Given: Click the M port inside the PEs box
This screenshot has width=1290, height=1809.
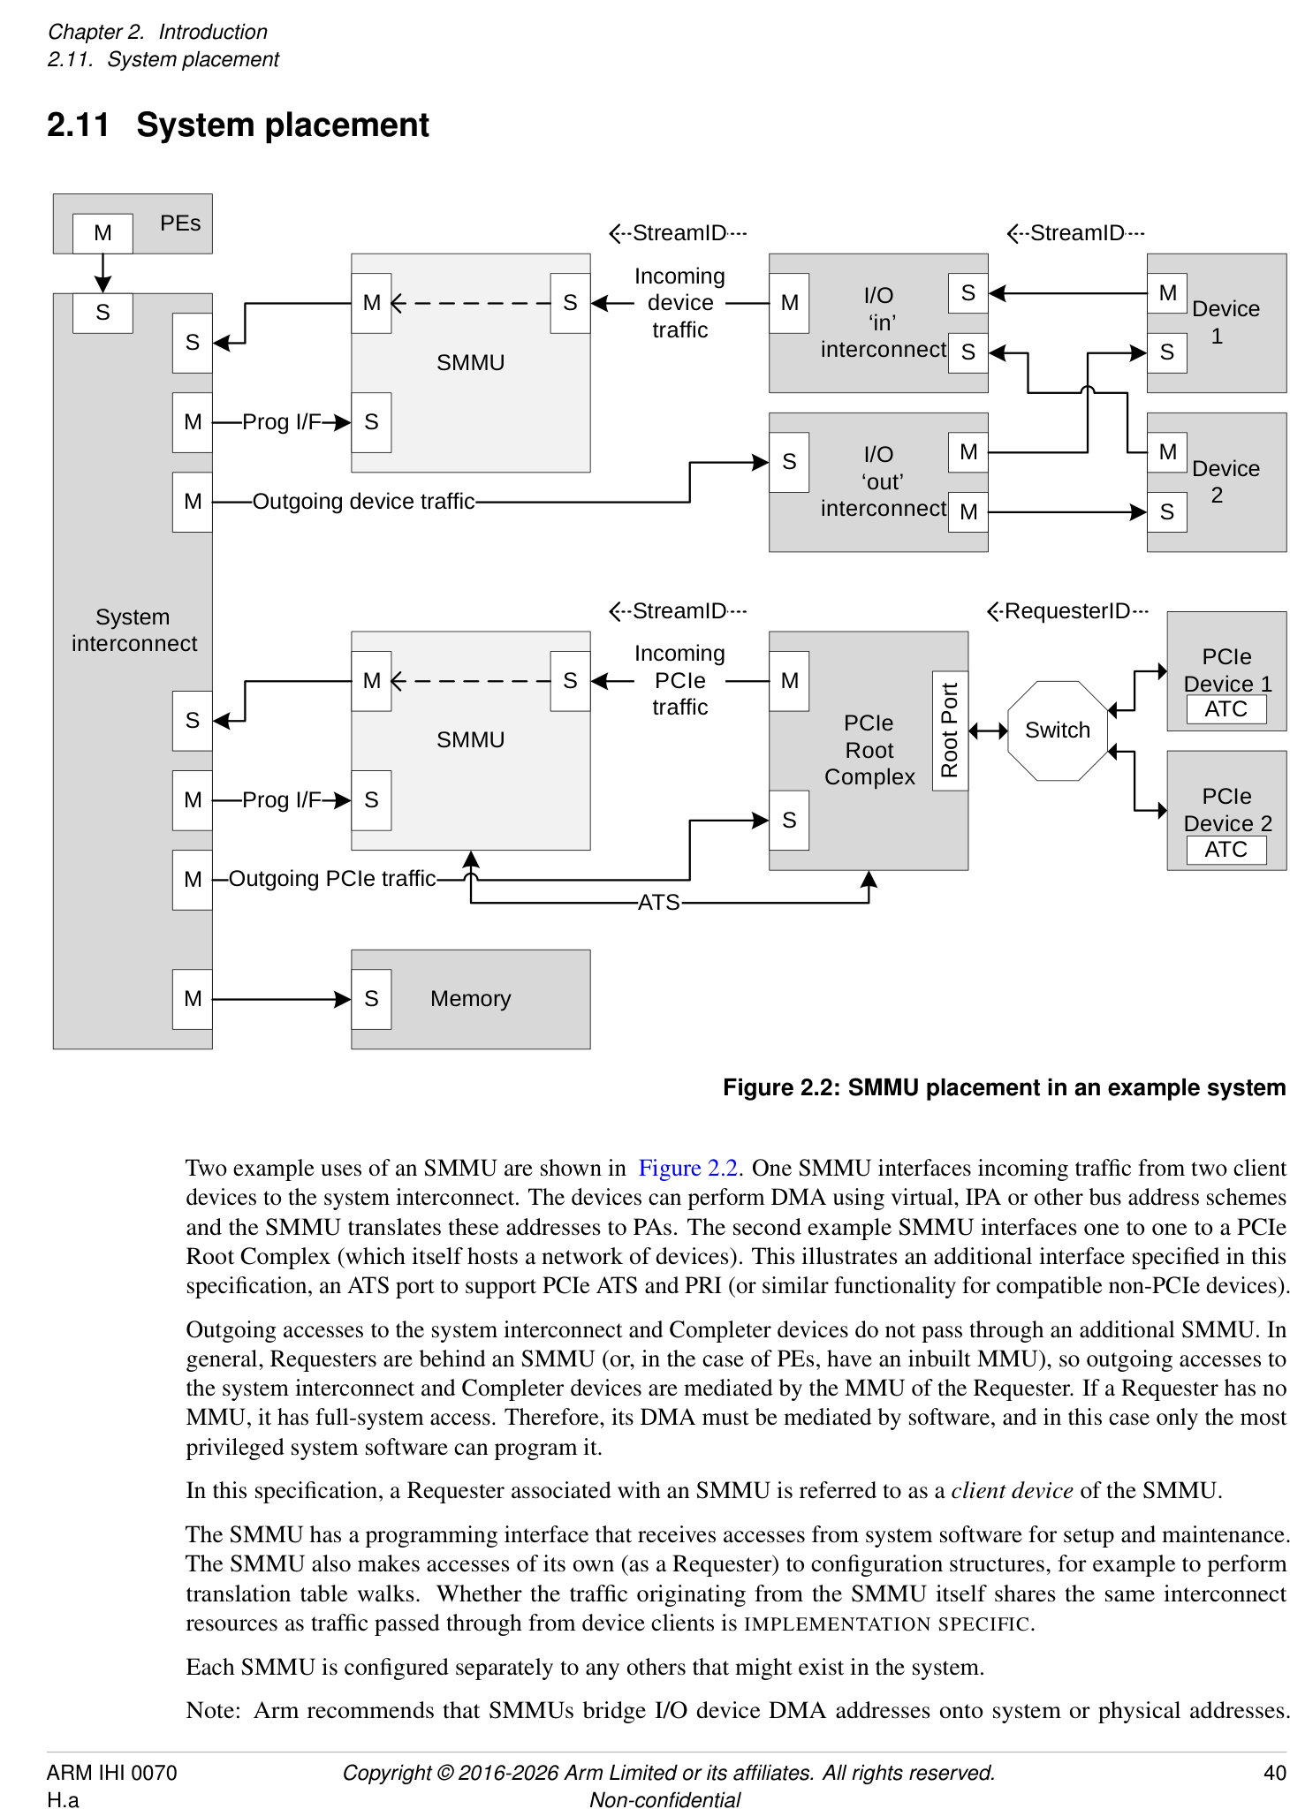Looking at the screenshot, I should pyautogui.click(x=102, y=233).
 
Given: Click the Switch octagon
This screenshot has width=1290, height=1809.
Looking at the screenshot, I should pyautogui.click(x=1057, y=730).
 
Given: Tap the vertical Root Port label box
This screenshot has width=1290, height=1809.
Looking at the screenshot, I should pyautogui.click(x=950, y=730).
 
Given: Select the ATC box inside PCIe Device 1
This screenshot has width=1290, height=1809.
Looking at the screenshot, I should pyautogui.click(x=1225, y=709).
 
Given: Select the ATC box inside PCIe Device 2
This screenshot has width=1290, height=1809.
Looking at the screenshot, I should pyautogui.click(x=1225, y=850).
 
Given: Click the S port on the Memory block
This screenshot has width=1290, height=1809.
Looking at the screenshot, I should pyautogui.click(x=371, y=999).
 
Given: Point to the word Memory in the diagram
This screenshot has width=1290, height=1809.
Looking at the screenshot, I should pyautogui.click(x=470, y=999).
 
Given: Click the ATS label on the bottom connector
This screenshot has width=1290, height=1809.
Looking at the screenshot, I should pyautogui.click(x=658, y=903).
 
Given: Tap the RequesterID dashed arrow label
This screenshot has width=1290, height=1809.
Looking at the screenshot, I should pyautogui.click(x=1067, y=611).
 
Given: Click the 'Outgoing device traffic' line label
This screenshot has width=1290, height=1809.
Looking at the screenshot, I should pyautogui.click(x=363, y=502).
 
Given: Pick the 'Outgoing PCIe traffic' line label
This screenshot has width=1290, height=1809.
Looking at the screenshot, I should pyautogui.click(x=332, y=879).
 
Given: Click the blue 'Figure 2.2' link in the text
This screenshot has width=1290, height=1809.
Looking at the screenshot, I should pyautogui.click(x=687, y=1168).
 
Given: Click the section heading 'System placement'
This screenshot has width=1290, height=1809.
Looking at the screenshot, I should pyautogui.click(x=282, y=125).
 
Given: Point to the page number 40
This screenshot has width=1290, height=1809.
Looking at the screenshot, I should pyautogui.click(x=1274, y=1773).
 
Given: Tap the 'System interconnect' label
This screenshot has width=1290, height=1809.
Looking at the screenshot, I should pyautogui.click(x=133, y=630).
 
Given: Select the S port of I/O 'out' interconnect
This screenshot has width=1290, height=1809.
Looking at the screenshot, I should pyautogui.click(x=789, y=462).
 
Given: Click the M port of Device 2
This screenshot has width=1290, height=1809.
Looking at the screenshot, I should pyautogui.click(x=1167, y=452).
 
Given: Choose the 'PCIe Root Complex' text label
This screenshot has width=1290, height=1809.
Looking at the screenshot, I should pyautogui.click(x=869, y=750).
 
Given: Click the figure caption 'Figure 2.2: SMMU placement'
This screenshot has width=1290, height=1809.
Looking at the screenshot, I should pyautogui.click(x=1004, y=1087).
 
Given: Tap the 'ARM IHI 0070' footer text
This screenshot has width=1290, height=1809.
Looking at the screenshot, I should pyautogui.click(x=111, y=1773).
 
